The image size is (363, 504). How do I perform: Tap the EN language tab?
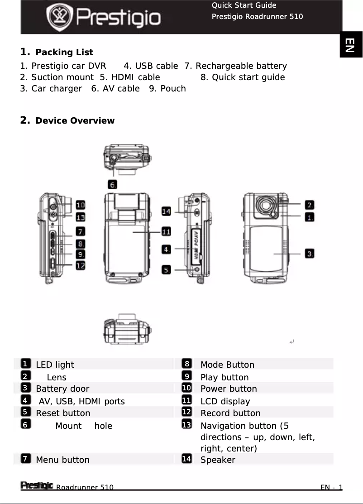[351, 44]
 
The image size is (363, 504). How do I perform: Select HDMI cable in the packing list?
[129, 77]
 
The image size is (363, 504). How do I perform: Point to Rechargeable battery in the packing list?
[235, 66]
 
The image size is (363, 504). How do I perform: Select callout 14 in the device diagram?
[166, 211]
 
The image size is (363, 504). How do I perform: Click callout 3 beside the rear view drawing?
[309, 253]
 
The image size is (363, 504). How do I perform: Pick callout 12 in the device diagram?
[80, 266]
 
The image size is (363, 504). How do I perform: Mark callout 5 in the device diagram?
[167, 269]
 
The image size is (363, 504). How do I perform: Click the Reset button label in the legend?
[63, 413]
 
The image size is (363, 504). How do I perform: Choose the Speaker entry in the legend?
[218, 460]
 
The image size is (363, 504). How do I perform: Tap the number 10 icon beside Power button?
[186, 388]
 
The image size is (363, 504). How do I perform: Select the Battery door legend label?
[62, 389]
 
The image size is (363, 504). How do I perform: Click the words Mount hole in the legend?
[84, 426]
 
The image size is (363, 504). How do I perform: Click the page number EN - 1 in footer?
[331, 487]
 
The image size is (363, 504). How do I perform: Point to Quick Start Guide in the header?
[244, 5]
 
